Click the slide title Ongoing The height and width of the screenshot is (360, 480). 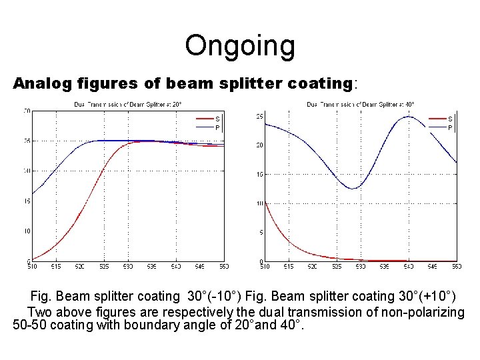[x=239, y=46]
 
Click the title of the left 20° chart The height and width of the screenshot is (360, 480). [x=127, y=104]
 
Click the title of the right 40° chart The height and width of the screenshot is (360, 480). [x=360, y=104]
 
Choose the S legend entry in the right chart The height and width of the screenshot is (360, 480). [x=450, y=119]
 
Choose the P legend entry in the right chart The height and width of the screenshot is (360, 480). [x=450, y=127]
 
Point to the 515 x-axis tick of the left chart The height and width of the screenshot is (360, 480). [x=56, y=267]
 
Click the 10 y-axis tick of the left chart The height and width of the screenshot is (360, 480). [x=27, y=231]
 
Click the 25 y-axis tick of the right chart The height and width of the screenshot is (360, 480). [x=259, y=117]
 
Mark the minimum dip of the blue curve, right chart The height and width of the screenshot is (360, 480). [x=353, y=189]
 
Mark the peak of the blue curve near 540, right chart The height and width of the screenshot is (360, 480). [x=409, y=117]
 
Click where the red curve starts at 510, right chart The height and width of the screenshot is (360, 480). [x=265, y=202]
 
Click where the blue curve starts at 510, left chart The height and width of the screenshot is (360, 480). [x=33, y=194]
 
